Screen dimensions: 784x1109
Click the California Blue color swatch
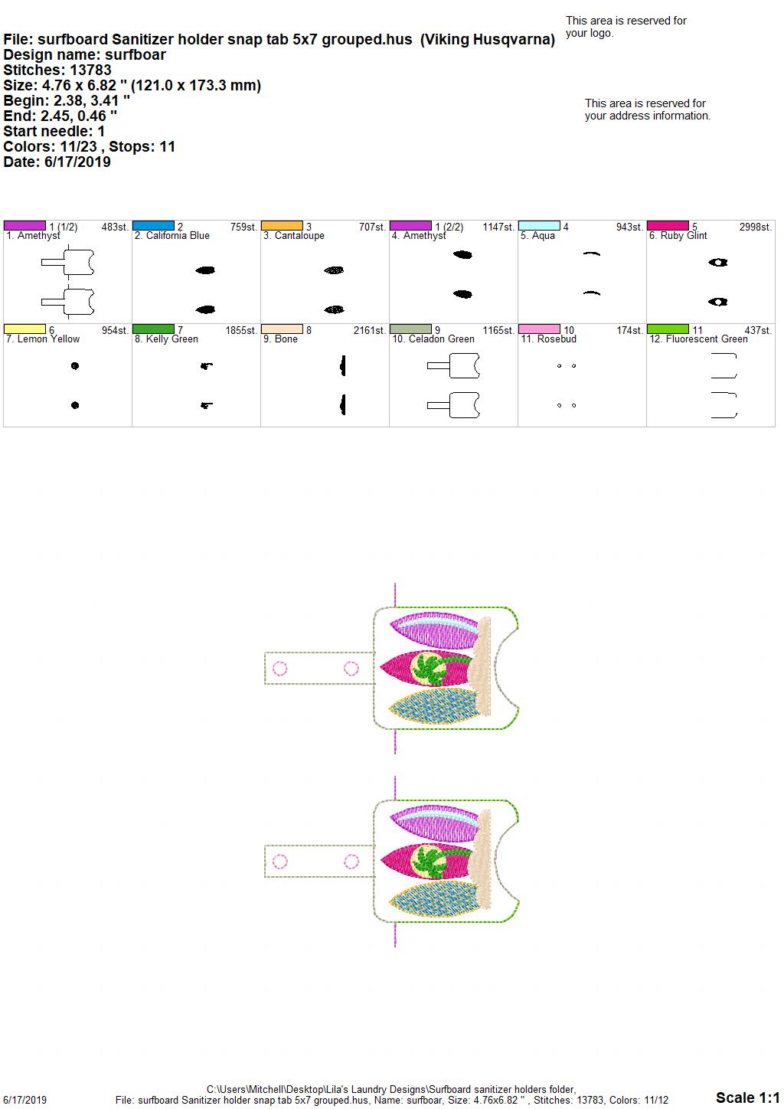tap(153, 226)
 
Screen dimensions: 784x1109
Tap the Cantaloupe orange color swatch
tap(282, 226)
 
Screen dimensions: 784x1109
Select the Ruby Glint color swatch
tap(668, 226)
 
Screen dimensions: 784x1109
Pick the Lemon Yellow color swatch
tap(24, 329)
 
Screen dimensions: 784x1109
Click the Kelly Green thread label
tap(166, 339)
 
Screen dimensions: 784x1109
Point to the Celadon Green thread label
tap(433, 339)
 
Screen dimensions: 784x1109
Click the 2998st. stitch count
tap(756, 227)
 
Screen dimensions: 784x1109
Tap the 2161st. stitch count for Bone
tap(369, 330)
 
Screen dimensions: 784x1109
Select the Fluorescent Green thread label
tap(698, 339)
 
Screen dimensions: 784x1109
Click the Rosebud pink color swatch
tap(539, 329)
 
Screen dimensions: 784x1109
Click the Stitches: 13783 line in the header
tap(57, 70)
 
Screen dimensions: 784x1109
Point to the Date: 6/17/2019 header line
tap(57, 162)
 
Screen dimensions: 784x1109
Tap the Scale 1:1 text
tap(747, 1097)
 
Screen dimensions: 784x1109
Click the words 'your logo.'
tap(590, 33)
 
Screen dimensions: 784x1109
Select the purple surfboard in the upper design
tap(435, 630)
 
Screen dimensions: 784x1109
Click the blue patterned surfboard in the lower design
tap(435, 900)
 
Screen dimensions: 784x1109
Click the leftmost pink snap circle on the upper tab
tap(279, 669)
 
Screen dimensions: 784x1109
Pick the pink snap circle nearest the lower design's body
tap(351, 862)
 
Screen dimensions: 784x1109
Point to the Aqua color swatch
tap(539, 226)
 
